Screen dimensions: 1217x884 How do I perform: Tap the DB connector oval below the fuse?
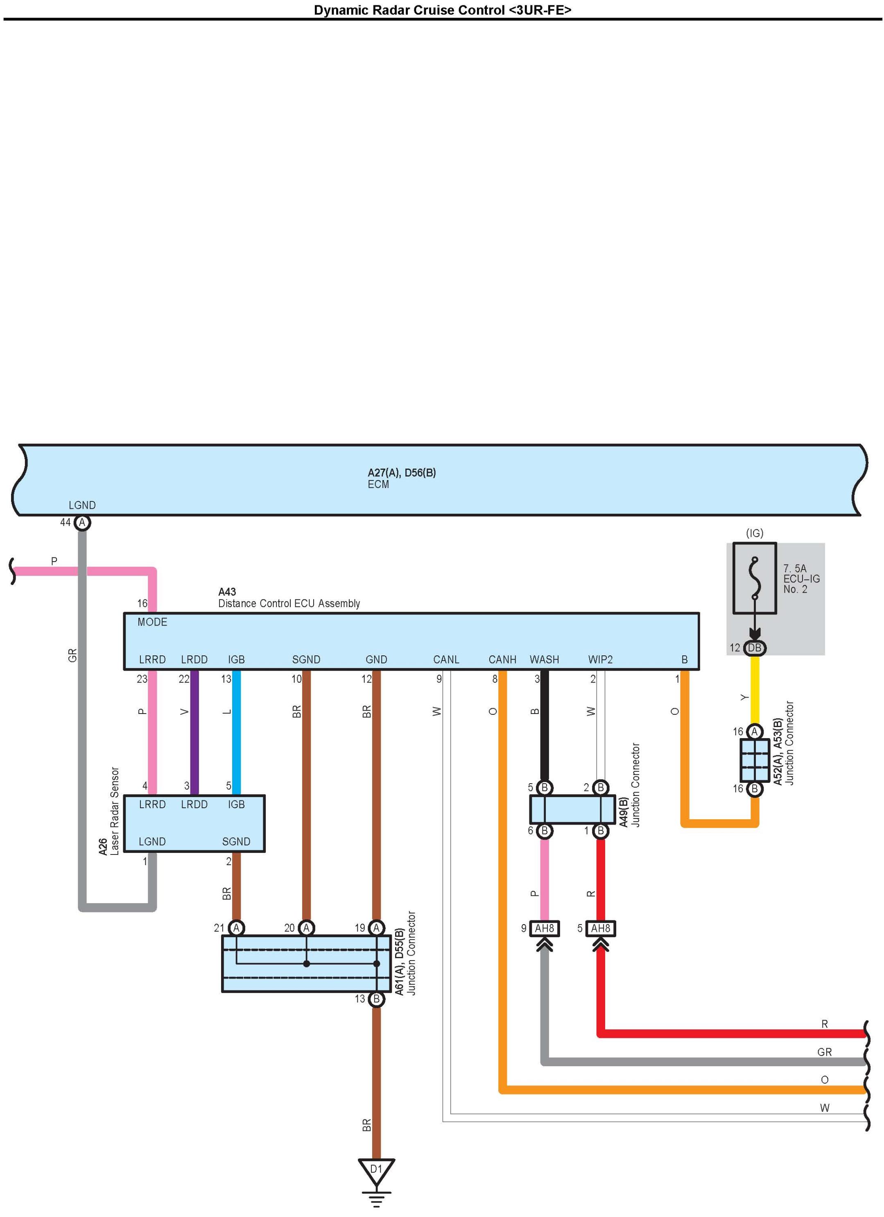click(x=754, y=648)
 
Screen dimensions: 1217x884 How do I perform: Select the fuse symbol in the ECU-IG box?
click(x=754, y=578)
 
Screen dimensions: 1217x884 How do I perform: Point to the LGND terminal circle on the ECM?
click(x=81, y=522)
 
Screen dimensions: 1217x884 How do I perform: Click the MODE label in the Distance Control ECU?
click(x=152, y=622)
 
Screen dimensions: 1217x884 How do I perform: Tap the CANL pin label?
click(x=446, y=659)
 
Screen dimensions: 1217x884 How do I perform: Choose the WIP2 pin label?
click(x=600, y=659)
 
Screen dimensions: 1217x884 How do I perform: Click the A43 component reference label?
click(x=227, y=592)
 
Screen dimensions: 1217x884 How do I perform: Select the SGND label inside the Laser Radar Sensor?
click(x=236, y=841)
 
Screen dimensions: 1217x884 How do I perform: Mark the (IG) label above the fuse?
click(x=754, y=533)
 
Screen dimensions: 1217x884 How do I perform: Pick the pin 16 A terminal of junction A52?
click(x=754, y=731)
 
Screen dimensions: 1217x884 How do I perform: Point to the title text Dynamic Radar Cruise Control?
click(x=442, y=10)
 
